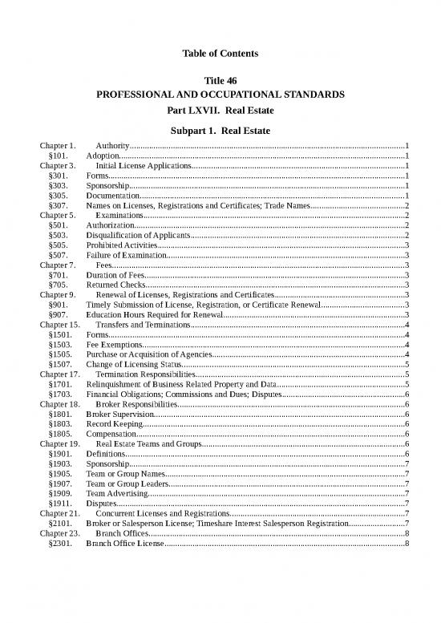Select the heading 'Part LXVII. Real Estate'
pos(220,110)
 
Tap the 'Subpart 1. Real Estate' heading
pos(220,131)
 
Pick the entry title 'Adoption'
pos(102,156)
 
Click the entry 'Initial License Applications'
pos(144,165)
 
